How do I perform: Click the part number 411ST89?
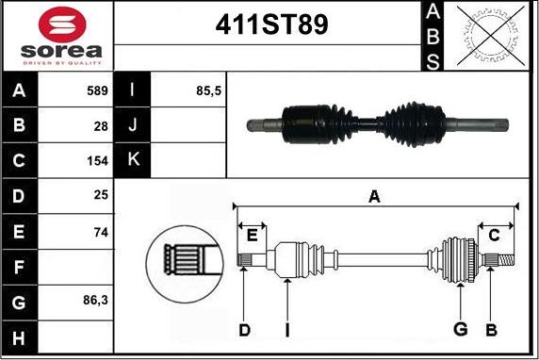271,25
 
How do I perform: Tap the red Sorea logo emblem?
62,25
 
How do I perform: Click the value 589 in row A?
97,90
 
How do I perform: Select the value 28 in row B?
101,126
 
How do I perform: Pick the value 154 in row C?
97,161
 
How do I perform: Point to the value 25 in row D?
101,195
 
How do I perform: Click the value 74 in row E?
101,233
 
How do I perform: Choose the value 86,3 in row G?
95,301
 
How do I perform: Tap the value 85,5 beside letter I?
208,90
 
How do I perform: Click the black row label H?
19,338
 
